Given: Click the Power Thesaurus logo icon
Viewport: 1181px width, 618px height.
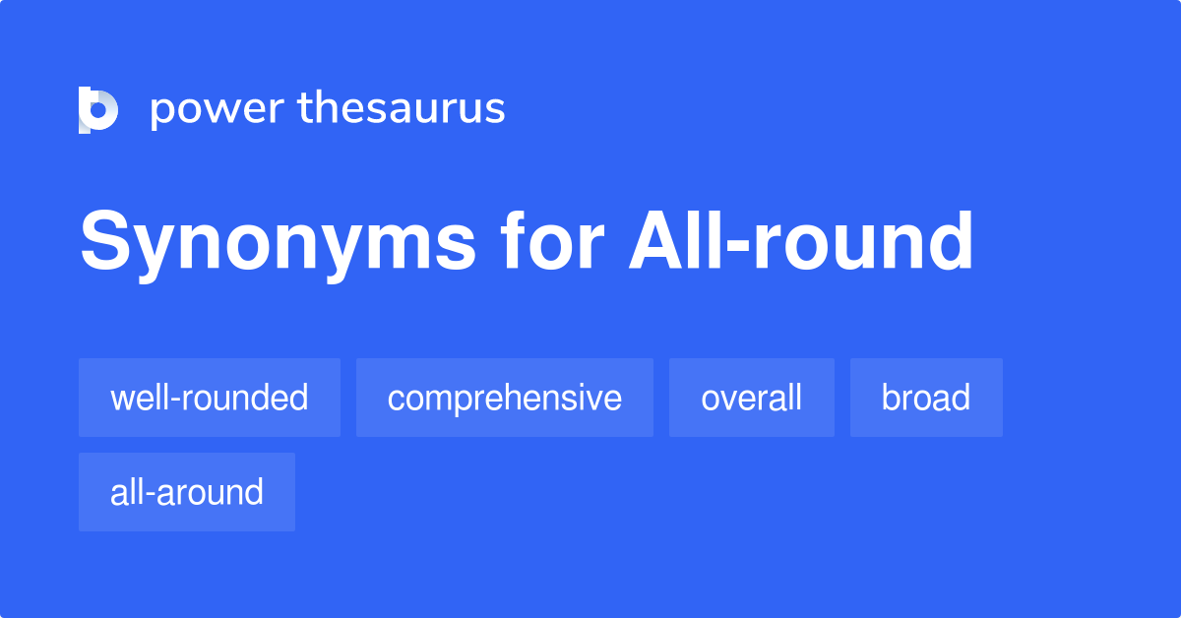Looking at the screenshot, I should pos(98,109).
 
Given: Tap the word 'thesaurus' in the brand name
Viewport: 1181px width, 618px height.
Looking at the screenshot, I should pos(402,107).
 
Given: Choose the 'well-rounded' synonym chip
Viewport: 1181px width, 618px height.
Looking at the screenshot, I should pos(210,398).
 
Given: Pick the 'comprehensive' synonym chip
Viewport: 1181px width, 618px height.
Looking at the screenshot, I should pos(505,398).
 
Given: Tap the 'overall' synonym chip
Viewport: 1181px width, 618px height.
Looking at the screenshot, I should pos(752,398).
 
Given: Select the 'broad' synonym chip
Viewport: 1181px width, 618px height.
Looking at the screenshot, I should pos(926,398).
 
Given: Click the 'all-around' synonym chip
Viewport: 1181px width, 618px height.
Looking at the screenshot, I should pos(187,492).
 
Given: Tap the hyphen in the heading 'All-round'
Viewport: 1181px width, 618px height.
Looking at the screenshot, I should pos(729,249).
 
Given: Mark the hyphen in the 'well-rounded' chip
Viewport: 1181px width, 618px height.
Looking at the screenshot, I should pos(171,400).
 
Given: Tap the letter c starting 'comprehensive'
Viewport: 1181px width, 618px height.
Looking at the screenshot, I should pos(396,400).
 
